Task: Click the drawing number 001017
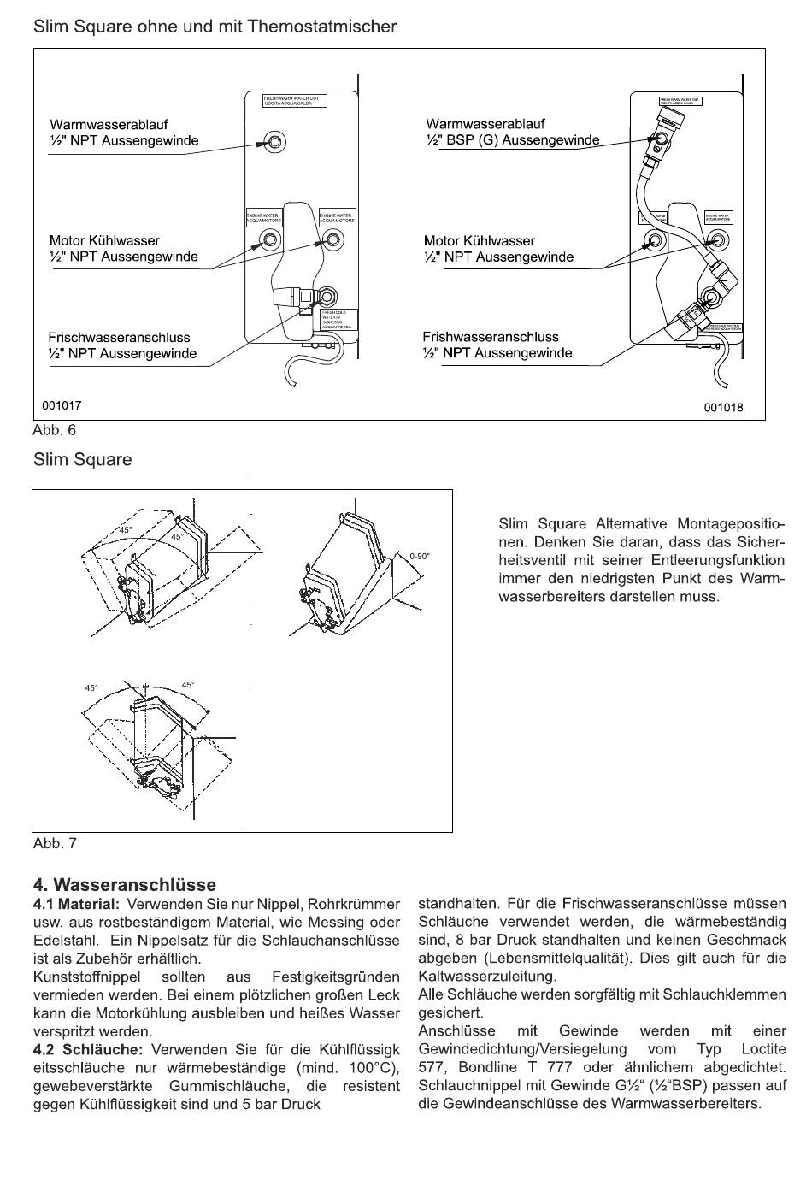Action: [62, 405]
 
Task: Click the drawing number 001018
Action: [723, 407]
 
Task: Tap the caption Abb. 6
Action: [55, 430]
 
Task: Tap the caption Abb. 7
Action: [55, 843]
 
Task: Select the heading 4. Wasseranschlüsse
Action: [124, 884]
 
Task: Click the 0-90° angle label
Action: [420, 557]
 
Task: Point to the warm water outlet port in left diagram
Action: [275, 141]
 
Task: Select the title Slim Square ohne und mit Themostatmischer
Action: [215, 27]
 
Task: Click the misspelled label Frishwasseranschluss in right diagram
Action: [491, 337]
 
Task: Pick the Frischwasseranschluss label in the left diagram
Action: [120, 338]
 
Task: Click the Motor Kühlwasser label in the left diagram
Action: [104, 240]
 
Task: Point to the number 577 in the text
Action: [432, 1067]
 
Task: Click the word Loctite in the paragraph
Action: [763, 1049]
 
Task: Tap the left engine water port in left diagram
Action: [270, 239]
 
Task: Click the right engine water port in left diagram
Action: [333, 239]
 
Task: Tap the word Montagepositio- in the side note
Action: [730, 523]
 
